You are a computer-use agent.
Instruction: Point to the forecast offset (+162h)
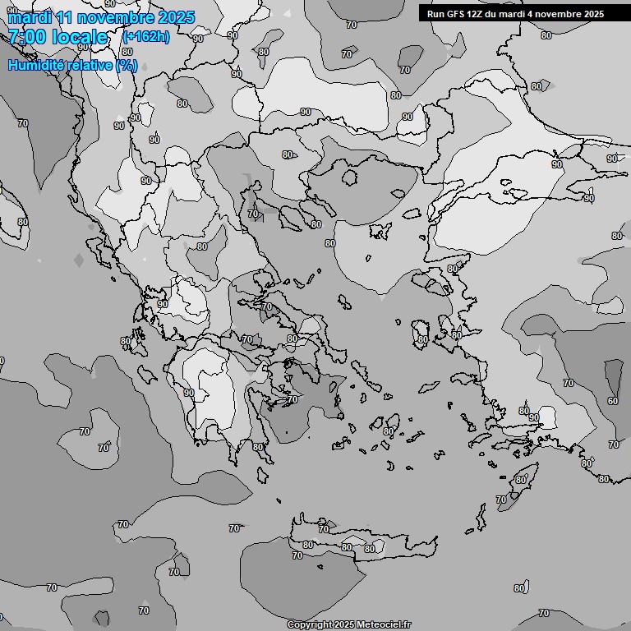point(146,37)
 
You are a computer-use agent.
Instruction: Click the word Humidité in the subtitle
point(38,65)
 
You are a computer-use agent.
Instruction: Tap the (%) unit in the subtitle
point(127,65)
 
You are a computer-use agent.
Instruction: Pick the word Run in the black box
point(436,14)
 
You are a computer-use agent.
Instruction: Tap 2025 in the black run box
point(592,14)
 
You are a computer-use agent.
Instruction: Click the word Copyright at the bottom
point(309,624)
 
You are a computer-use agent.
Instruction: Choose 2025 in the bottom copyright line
point(346,624)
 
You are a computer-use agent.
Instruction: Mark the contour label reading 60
point(613,401)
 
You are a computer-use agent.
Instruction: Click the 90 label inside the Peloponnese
point(189,393)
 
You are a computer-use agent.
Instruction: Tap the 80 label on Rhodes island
point(520,480)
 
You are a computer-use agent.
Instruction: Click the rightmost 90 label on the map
point(611,159)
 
